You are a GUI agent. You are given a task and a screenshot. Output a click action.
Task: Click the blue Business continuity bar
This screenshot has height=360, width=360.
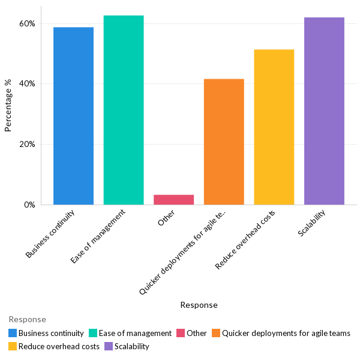tap(73, 116)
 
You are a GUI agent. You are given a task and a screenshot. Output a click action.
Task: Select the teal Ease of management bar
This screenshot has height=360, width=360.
tap(124, 110)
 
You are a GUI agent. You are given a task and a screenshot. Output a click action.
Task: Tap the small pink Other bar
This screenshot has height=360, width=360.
tap(173, 199)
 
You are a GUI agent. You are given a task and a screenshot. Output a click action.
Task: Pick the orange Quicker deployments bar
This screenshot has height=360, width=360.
tap(224, 142)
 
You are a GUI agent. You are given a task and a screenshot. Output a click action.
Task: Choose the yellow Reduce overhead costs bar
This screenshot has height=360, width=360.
tap(274, 127)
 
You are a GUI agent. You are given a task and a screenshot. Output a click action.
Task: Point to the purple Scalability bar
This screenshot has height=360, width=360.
tap(324, 111)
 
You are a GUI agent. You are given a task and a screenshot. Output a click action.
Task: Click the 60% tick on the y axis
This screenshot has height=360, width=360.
tap(27, 24)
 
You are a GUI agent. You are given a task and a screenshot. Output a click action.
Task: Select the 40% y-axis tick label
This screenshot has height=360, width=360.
tap(27, 84)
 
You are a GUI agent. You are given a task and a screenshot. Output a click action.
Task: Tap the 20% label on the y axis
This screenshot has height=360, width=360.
tap(27, 145)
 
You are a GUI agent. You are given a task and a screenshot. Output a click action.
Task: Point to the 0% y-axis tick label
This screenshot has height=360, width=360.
tap(29, 205)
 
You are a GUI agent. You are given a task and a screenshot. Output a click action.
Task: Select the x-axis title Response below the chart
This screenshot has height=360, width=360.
tap(199, 305)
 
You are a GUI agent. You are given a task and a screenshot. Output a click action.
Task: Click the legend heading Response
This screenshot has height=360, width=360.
tap(27, 319)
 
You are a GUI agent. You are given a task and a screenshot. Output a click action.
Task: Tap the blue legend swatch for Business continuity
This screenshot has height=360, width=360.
tap(13, 333)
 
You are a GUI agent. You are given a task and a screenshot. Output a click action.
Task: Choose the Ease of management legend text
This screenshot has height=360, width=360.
tap(135, 333)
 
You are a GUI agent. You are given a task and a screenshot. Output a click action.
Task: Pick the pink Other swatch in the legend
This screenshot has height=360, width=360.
tap(181, 333)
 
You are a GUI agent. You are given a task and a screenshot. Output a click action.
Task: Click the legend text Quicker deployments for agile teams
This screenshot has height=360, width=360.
tap(286, 333)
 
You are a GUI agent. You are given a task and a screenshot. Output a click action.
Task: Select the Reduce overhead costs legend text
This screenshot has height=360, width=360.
tap(59, 346)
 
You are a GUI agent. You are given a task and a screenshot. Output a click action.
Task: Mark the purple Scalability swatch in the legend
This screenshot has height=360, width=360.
tap(109, 346)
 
